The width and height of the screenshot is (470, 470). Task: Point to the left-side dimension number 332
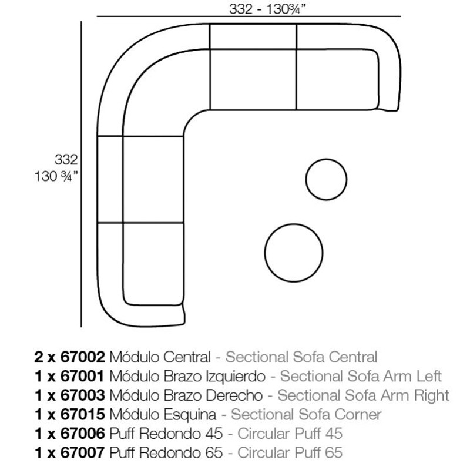(66, 159)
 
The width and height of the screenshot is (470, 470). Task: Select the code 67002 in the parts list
(83, 357)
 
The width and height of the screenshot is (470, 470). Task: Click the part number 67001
(82, 376)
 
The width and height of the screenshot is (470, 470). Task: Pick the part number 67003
(83, 395)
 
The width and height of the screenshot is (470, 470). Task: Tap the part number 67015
(83, 415)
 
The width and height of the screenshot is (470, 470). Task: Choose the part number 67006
(83, 434)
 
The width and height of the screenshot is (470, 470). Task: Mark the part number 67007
(83, 453)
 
